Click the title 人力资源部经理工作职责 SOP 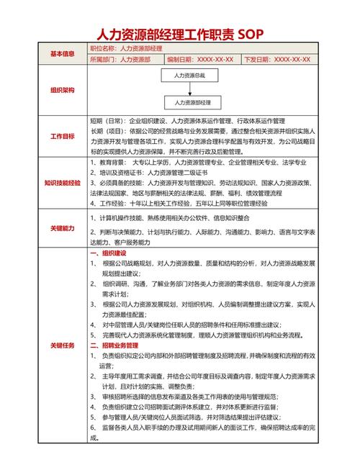click(180, 33)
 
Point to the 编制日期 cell click(201, 60)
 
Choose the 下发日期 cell click(279, 60)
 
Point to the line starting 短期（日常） click(188, 120)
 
